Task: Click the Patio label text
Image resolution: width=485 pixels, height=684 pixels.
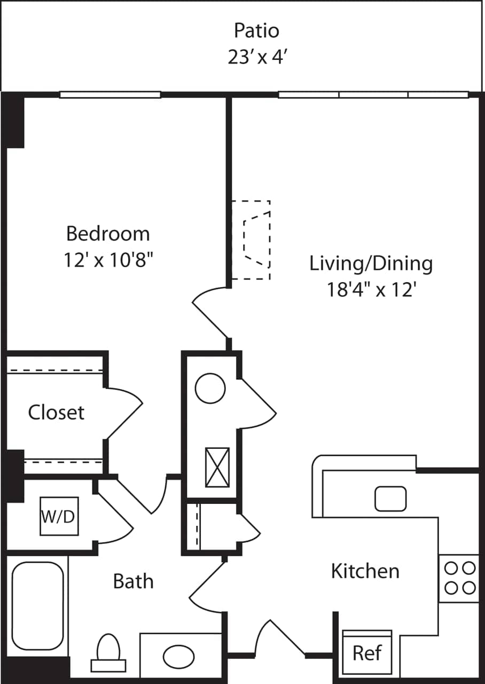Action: click(x=256, y=31)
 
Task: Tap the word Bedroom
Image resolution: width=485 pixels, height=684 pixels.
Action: click(x=108, y=234)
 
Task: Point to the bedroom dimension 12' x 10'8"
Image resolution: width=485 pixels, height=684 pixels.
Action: click(x=108, y=260)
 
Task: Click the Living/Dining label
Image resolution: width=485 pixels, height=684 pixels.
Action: click(x=371, y=263)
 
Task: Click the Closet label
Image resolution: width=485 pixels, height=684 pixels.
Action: click(x=56, y=412)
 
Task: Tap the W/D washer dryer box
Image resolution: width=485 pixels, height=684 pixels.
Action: click(x=59, y=516)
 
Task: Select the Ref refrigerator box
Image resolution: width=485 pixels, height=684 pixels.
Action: click(x=367, y=652)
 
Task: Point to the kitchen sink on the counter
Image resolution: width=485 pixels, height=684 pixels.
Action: click(x=390, y=499)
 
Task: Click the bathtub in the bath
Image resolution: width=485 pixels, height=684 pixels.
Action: click(x=38, y=605)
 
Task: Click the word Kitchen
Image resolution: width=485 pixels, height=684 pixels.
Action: click(x=365, y=571)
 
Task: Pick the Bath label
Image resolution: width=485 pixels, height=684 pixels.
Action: click(x=133, y=581)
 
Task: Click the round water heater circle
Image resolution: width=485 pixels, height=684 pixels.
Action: click(x=210, y=388)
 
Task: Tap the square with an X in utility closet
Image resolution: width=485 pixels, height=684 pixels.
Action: click(x=217, y=468)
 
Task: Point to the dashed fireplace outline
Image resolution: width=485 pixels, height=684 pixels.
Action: click(x=251, y=240)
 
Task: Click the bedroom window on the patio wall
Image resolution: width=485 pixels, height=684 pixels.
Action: click(x=110, y=95)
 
